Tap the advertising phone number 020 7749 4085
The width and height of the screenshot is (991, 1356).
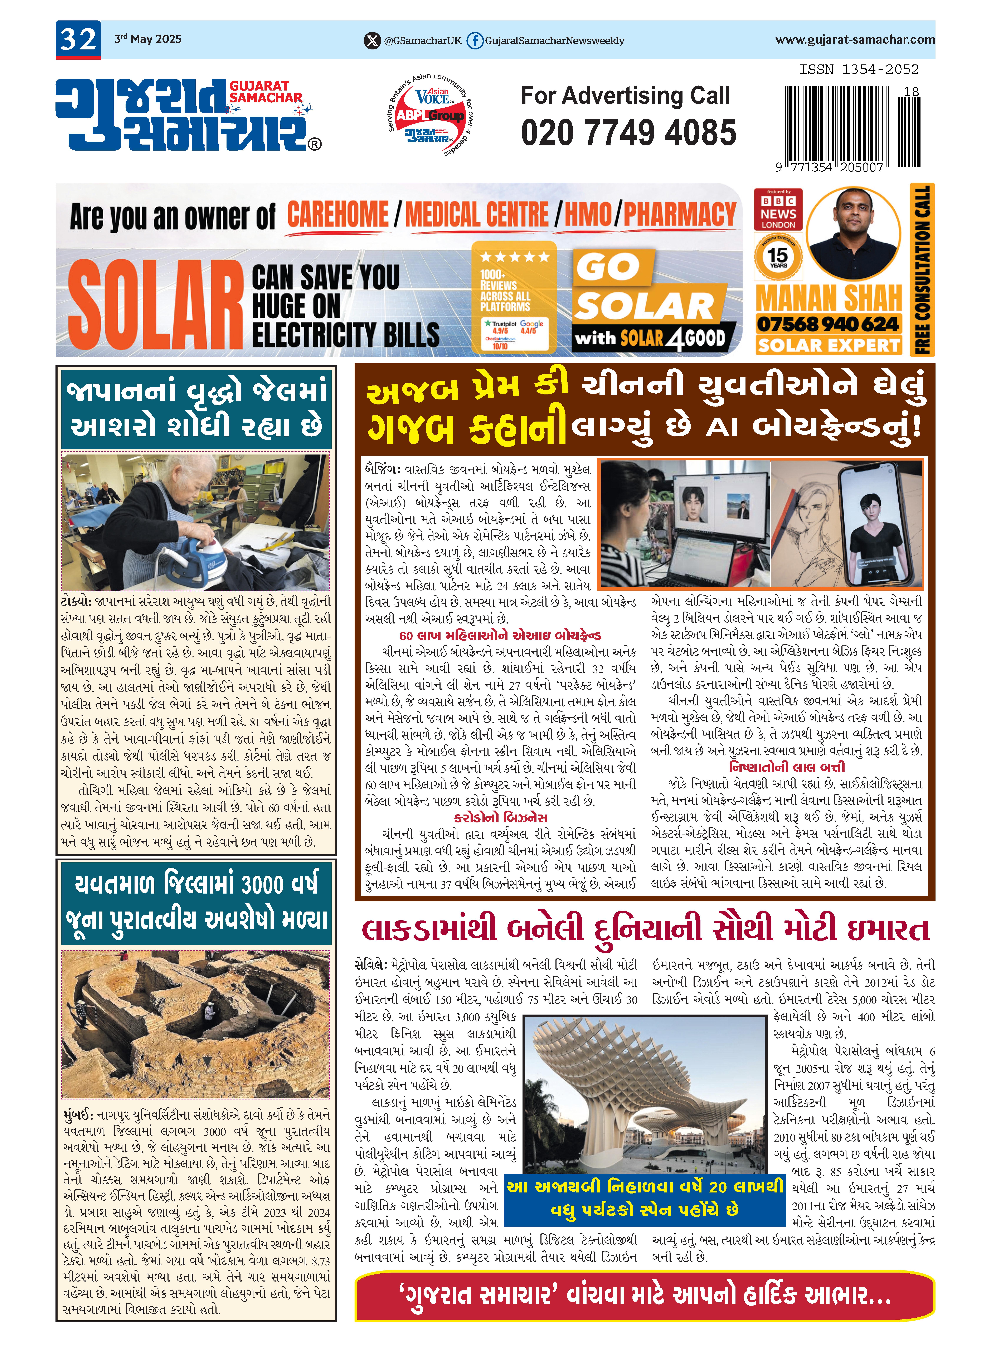pyautogui.click(x=628, y=133)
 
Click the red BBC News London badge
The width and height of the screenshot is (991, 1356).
pyautogui.click(x=778, y=210)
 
